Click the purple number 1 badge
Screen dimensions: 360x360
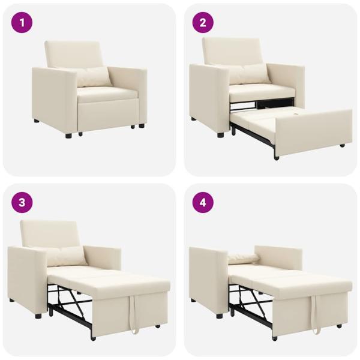coord(23,23)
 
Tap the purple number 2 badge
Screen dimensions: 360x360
coord(203,23)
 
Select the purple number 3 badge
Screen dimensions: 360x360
coord(23,202)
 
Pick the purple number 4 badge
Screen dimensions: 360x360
coord(203,202)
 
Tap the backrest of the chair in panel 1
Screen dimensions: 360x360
coord(73,54)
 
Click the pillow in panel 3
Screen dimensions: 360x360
coord(64,256)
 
